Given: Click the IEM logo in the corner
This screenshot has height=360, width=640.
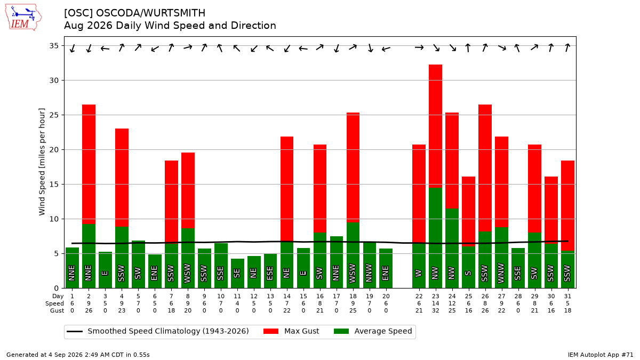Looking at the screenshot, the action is click(x=23, y=17).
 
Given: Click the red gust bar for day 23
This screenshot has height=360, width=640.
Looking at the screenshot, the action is click(x=435, y=126).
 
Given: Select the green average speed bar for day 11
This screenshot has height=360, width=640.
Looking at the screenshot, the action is click(x=237, y=274).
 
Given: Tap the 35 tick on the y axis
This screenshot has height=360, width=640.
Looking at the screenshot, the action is click(x=54, y=46).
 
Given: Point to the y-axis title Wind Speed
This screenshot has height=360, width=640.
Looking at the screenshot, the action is click(x=42, y=162).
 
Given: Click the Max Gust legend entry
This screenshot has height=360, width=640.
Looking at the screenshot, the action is click(x=291, y=331).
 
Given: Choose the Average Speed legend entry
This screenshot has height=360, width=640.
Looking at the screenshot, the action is click(x=373, y=331).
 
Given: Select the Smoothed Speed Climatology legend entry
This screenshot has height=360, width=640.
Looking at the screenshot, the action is click(x=158, y=331).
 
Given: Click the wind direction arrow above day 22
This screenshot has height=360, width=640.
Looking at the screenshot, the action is click(x=419, y=47).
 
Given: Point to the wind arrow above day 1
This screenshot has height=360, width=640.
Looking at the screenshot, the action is click(x=73, y=49).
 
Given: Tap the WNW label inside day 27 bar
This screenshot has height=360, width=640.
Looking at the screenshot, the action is click(x=501, y=274).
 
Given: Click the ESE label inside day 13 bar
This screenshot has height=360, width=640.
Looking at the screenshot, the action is click(x=270, y=274).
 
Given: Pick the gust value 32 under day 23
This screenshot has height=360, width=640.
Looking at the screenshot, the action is click(x=435, y=310).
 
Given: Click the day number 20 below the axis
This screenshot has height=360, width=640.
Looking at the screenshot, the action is click(x=386, y=297).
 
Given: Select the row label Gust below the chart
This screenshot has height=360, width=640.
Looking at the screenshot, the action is click(x=57, y=310).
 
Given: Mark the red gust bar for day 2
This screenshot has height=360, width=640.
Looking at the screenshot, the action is click(x=89, y=164).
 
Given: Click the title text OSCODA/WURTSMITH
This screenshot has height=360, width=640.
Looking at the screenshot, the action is click(x=150, y=13).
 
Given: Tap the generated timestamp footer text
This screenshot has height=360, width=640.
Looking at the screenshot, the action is click(x=78, y=355).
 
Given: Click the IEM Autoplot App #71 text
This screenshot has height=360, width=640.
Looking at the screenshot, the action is click(x=601, y=355).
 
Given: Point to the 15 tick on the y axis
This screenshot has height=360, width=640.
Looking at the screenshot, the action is click(x=54, y=185).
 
